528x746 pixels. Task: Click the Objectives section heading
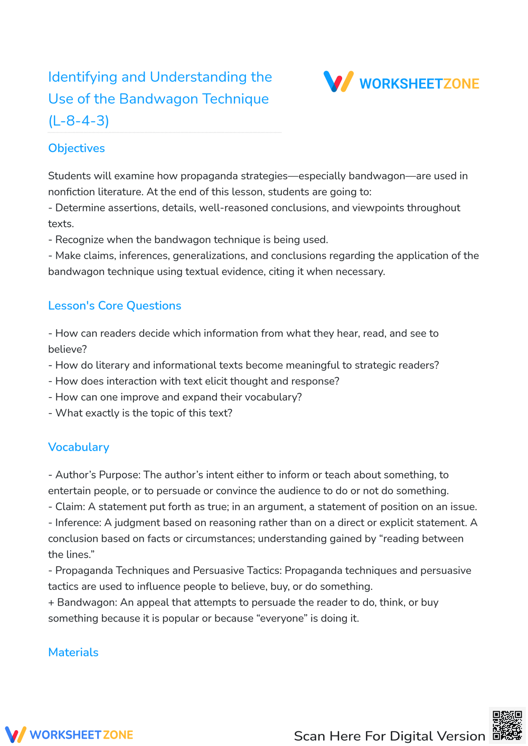[x=77, y=148]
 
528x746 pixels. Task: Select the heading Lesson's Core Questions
[x=115, y=305]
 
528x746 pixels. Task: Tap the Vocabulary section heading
[x=79, y=447]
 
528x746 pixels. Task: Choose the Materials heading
[x=73, y=652]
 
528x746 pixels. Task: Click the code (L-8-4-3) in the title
[x=79, y=121]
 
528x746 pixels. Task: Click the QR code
[x=507, y=725]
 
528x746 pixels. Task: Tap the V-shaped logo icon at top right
[x=338, y=82]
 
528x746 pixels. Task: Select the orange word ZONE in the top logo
[x=461, y=84]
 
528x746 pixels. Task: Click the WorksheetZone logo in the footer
[x=69, y=734]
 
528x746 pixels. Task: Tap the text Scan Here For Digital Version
[x=389, y=736]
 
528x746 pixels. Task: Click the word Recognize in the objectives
[x=79, y=240]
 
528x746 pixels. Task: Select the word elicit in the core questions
[x=228, y=381]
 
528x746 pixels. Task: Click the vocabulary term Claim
[x=69, y=506]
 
